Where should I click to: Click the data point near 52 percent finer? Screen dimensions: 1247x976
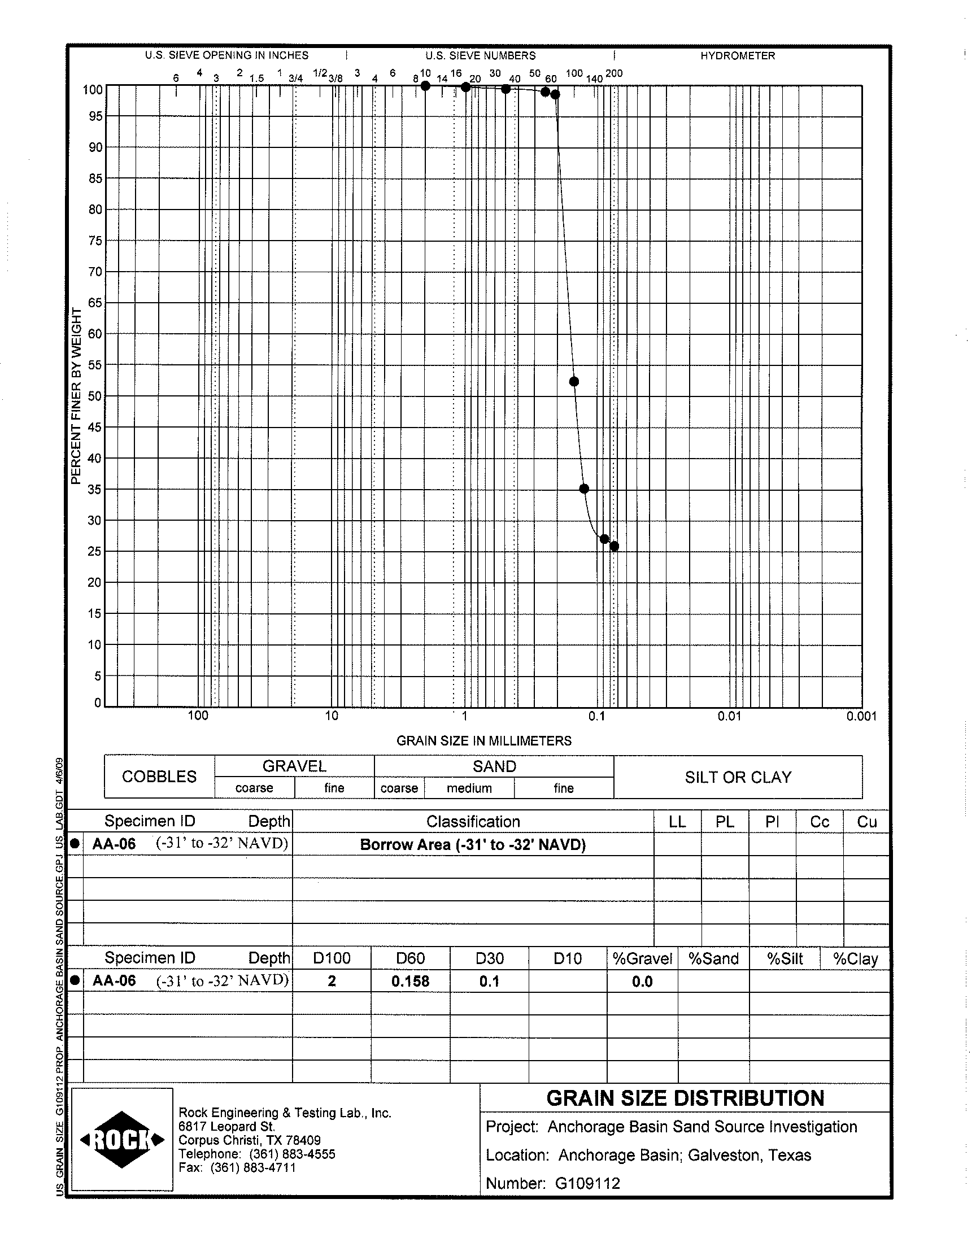[574, 382]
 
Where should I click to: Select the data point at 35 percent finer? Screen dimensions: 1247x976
[584, 489]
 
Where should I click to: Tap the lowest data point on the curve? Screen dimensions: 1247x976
[615, 547]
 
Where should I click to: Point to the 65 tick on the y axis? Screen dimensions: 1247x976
[95, 303]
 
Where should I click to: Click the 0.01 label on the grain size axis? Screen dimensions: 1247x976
[729, 716]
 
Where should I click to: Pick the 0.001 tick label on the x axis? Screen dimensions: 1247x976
[861, 716]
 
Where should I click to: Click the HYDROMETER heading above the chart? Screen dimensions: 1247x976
[738, 56]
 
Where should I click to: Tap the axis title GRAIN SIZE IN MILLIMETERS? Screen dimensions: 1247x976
[484, 741]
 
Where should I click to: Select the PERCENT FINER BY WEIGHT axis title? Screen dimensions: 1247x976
[76, 396]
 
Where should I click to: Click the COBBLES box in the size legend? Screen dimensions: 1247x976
[159, 777]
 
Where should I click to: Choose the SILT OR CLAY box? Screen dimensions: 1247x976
[738, 777]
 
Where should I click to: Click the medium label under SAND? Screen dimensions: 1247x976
[469, 788]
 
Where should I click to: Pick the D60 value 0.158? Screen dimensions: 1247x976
[410, 982]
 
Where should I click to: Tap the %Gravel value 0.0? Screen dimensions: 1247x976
[642, 982]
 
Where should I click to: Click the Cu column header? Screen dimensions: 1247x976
[867, 822]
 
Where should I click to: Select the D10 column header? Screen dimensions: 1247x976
[568, 958]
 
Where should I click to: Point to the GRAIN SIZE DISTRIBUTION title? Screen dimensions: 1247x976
[685, 1098]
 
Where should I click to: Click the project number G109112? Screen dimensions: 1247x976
[587, 1183]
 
